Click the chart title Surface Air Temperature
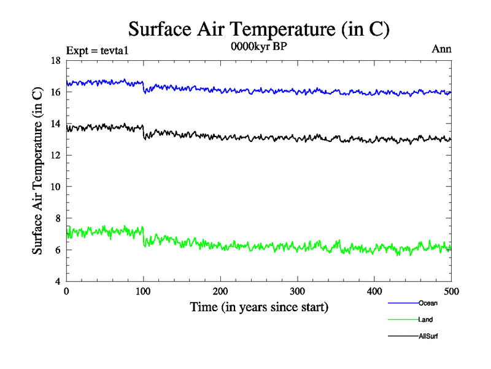pyautogui.click(x=258, y=28)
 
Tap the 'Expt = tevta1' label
pyautogui.click(x=98, y=50)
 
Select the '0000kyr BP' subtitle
pyautogui.click(x=258, y=46)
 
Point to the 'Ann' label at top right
pyautogui.click(x=442, y=49)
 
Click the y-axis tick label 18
pyautogui.click(x=55, y=60)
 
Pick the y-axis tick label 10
pyautogui.click(x=55, y=187)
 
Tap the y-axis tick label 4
pyautogui.click(x=57, y=282)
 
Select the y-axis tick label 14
pyautogui.click(x=55, y=124)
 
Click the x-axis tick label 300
pyautogui.click(x=297, y=292)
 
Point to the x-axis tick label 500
pyautogui.click(x=451, y=292)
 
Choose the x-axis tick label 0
pyautogui.click(x=66, y=292)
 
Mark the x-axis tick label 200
pyautogui.click(x=220, y=292)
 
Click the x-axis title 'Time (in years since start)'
pyautogui.click(x=258, y=307)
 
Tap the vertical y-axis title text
pyautogui.click(x=37, y=171)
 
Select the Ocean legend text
pyautogui.click(x=428, y=303)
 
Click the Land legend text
pyautogui.click(x=425, y=320)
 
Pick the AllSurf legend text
pyautogui.click(x=428, y=336)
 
